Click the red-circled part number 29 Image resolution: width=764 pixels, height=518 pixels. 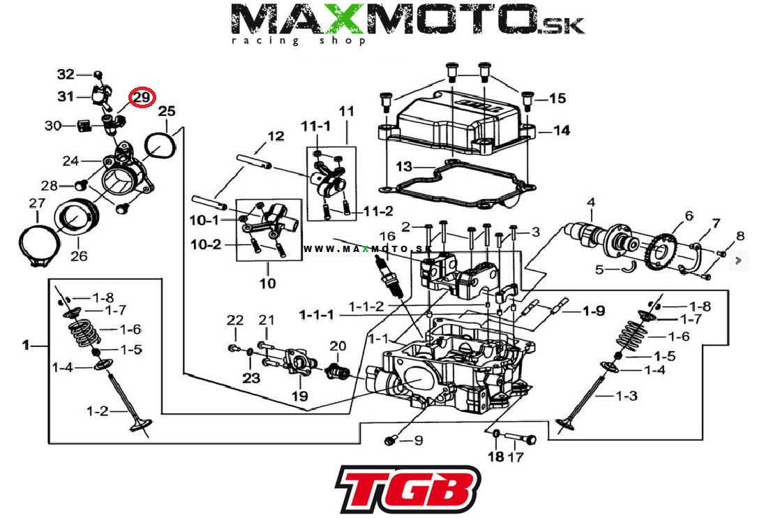tap(142, 98)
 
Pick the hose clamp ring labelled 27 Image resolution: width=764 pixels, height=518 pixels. tap(34, 244)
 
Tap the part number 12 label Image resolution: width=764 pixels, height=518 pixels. tap(276, 136)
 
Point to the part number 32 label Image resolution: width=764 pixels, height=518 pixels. tap(65, 75)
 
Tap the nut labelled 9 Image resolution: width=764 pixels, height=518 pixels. tap(392, 441)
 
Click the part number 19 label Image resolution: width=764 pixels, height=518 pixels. tap(299, 396)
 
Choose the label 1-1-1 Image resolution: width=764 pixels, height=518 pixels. tap(316, 315)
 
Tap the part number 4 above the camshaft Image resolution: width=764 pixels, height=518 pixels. tap(590, 203)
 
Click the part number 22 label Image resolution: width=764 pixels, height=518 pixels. tap(235, 320)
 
